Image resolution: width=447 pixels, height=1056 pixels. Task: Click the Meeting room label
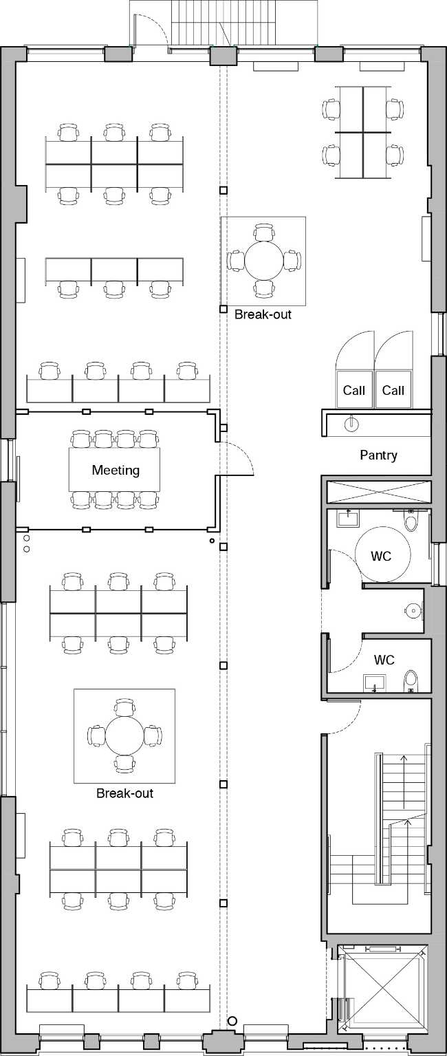(x=116, y=471)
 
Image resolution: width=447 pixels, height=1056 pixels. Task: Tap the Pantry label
(x=378, y=455)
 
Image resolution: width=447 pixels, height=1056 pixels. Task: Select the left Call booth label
(x=354, y=391)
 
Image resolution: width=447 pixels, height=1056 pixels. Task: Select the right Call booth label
(x=393, y=391)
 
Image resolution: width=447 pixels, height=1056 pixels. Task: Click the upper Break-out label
(x=263, y=314)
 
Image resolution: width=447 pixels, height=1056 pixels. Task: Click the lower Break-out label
(x=124, y=793)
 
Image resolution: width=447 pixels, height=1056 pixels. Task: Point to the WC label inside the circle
(x=381, y=556)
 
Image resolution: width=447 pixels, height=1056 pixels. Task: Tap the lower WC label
(x=384, y=660)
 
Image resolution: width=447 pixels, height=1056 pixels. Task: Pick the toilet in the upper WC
(x=411, y=521)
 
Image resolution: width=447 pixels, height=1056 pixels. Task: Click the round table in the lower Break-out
(x=124, y=735)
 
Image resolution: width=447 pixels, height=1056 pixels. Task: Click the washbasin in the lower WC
(x=374, y=682)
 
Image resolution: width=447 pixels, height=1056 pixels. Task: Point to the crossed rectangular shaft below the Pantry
(x=378, y=492)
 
